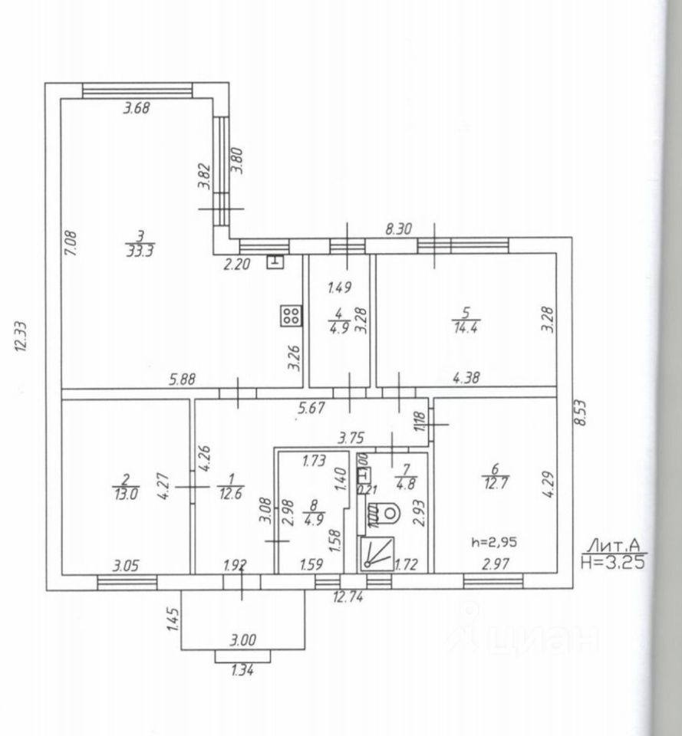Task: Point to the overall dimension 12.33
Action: [x=21, y=336]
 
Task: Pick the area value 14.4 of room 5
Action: [x=466, y=327]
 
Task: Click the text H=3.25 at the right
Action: [x=612, y=561]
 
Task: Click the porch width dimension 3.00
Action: [x=243, y=639]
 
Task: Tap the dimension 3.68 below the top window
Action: [x=136, y=108]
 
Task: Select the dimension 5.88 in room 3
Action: [x=181, y=378]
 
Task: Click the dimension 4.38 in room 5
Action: [x=467, y=377]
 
